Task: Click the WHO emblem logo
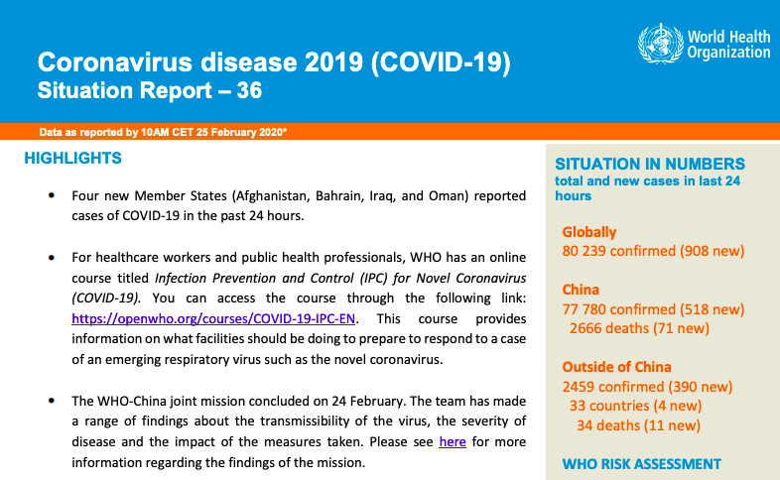point(661,44)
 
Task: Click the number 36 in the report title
point(249,90)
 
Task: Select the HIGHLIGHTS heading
point(73,158)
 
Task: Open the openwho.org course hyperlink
point(213,318)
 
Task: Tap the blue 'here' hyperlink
point(453,441)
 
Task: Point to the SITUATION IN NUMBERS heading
point(650,164)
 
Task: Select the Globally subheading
point(589,232)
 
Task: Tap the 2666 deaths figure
point(609,328)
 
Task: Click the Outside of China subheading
point(617,367)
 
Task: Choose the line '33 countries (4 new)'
point(636,406)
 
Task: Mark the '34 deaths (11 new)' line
point(638,425)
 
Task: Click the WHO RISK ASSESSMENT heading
point(642,464)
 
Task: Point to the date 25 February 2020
point(240,132)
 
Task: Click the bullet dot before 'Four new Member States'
point(52,195)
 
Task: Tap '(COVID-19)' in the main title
point(441,62)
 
